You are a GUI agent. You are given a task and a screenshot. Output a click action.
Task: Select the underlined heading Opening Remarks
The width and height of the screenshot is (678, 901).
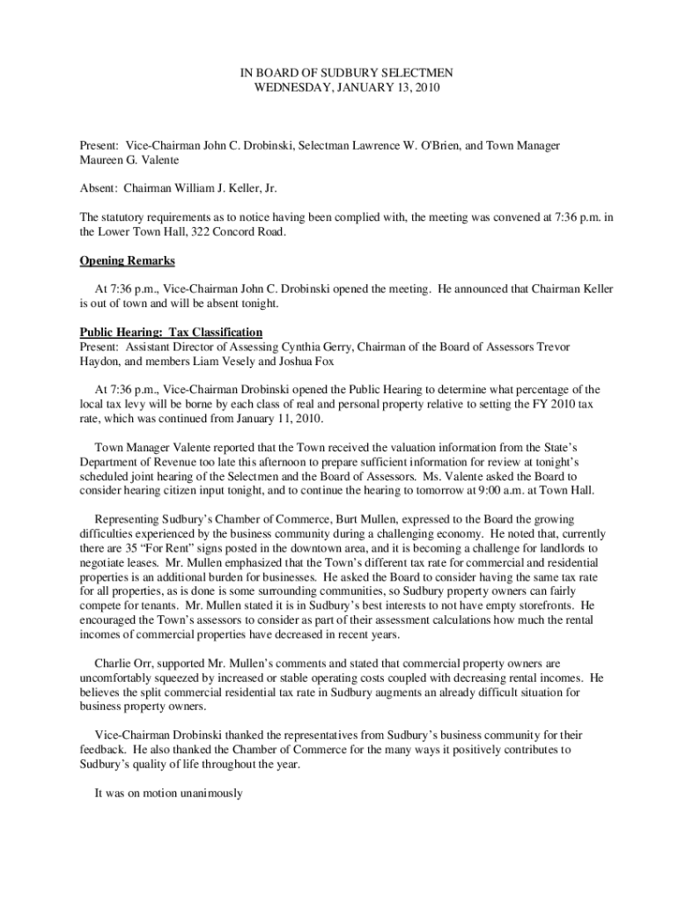(x=128, y=260)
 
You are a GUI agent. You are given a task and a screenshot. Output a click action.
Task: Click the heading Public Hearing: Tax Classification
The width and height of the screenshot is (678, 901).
(x=171, y=333)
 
